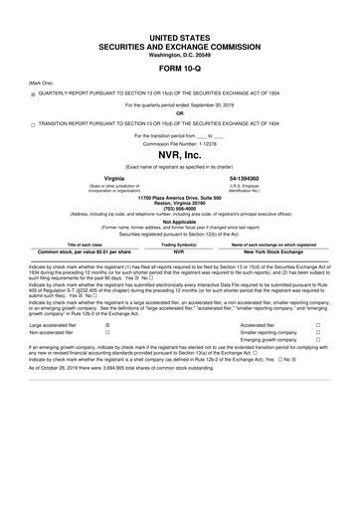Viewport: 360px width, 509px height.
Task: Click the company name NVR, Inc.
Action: (180, 156)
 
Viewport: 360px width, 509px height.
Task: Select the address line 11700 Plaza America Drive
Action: (180, 197)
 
